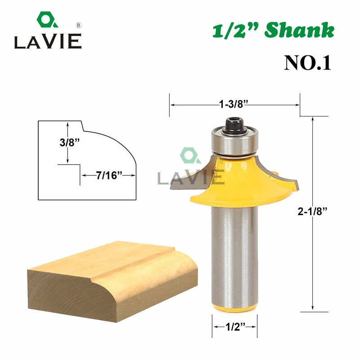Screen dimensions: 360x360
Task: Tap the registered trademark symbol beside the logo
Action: pos(78,25)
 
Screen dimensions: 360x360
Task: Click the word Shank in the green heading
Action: pos(299,30)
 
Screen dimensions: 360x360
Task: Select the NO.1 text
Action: pos(307,63)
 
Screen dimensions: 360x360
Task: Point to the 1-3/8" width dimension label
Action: pos(234,104)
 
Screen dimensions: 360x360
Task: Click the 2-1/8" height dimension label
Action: pos(312,211)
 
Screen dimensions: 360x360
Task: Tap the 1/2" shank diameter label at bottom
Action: pos(235,327)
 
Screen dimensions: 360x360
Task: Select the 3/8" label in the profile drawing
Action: pos(70,142)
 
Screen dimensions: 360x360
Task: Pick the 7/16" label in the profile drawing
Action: pos(109,175)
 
